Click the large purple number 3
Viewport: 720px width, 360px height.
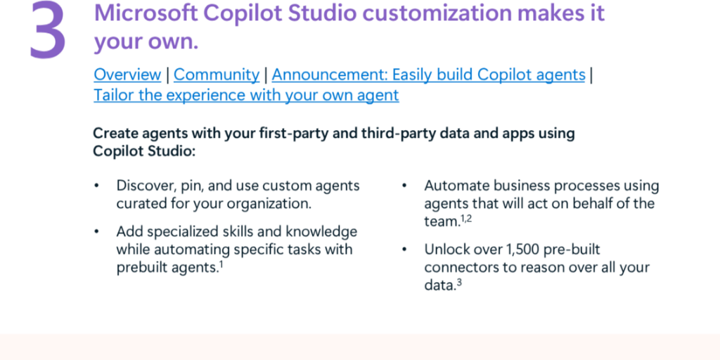point(48,30)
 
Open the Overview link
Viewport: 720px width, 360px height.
point(127,75)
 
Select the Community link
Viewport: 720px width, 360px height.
point(217,75)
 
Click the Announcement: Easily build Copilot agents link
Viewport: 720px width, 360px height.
point(428,75)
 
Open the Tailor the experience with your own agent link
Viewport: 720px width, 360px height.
point(246,96)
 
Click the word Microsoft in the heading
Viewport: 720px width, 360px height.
point(145,13)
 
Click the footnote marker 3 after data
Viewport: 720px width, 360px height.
point(459,283)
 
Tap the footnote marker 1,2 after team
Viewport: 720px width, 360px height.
point(466,219)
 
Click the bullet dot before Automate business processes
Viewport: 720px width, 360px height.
point(404,186)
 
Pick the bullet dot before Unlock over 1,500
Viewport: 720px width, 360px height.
point(404,250)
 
